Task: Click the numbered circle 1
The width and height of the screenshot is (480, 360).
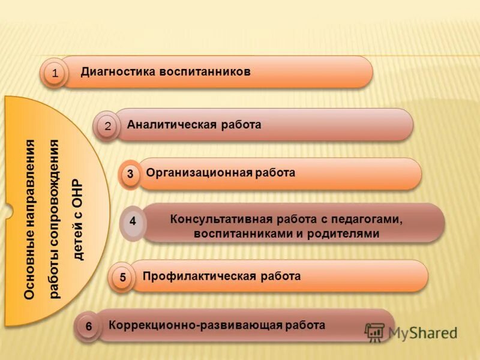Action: click(x=55, y=74)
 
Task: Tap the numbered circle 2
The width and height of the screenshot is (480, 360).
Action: click(x=107, y=126)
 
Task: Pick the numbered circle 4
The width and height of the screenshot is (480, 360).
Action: click(x=133, y=221)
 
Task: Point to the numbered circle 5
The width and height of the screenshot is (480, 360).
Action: click(x=122, y=278)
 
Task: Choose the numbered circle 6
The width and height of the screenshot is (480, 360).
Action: click(x=89, y=327)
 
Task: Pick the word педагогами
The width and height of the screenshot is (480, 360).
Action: click(x=366, y=219)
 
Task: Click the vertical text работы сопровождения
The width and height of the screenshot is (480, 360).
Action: click(x=55, y=219)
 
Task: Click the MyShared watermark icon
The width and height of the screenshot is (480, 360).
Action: click(x=375, y=332)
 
